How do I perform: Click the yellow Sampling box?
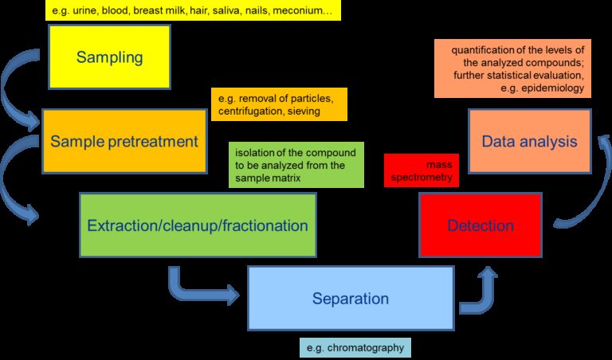(109, 57)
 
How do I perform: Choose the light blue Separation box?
(350, 299)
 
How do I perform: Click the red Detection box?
(480, 225)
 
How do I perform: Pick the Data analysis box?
(529, 142)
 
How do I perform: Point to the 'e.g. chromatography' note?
(355, 347)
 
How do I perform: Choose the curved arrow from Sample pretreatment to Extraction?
(18, 179)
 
